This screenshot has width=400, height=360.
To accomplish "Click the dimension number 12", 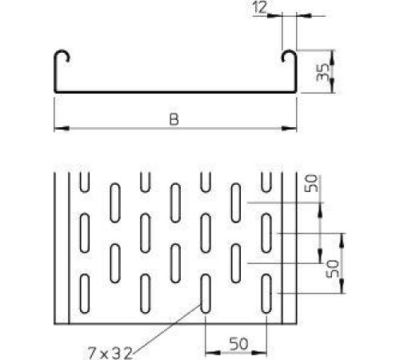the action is tap(260, 7).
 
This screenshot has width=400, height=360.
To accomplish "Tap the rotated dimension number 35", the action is tap(322, 72).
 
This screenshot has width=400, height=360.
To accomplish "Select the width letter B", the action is tap(174, 119).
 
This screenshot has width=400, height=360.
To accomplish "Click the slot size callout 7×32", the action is tap(110, 353).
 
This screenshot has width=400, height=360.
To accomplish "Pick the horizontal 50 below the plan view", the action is tap(238, 344).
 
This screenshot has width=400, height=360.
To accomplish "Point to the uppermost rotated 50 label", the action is tap(311, 183).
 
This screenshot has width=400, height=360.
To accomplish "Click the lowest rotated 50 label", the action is tap(333, 269).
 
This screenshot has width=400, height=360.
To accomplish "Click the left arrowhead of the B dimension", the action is tap(62, 129).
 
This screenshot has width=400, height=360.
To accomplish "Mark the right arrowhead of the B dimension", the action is tap(290, 129).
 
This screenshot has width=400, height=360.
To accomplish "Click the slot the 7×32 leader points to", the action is tap(206, 294).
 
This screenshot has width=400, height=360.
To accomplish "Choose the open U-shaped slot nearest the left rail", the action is tap(85, 182).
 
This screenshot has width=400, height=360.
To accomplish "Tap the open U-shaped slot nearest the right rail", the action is tap(266, 182).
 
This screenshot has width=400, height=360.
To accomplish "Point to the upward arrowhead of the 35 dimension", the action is tap(332, 58).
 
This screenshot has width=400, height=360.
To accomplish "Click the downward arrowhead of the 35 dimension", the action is tap(332, 86).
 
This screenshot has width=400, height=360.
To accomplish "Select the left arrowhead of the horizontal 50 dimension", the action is tap(213, 353).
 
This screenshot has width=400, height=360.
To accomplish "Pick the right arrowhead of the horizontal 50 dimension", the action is tap(259, 353).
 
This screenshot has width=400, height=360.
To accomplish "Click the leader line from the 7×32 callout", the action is tap(166, 330).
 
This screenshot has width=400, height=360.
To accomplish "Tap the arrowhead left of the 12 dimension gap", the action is tap(274, 16).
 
